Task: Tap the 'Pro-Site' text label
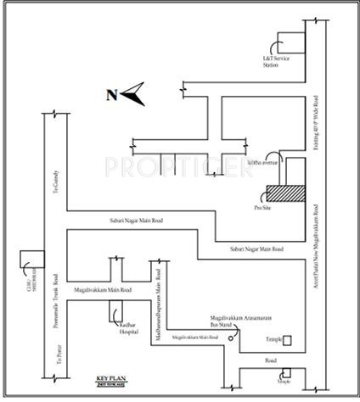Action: [x=263, y=208]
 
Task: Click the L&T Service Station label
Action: [x=271, y=62]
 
